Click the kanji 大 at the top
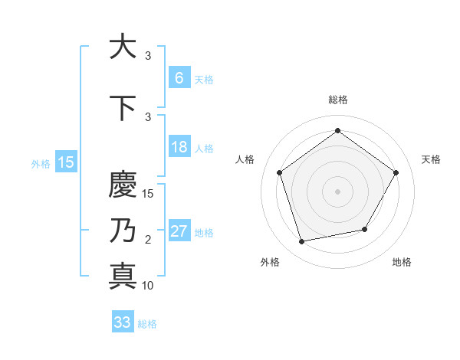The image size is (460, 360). tap(123, 47)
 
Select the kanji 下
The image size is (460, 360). tap(123, 107)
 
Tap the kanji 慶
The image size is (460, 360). tap(123, 185)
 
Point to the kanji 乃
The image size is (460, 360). tap(123, 231)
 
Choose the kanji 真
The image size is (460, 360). tap(123, 275)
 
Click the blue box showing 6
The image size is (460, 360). tap(179, 78)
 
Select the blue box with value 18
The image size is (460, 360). tap(179, 147)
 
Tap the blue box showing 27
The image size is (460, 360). tap(179, 231)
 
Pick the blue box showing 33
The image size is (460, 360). tap(123, 322)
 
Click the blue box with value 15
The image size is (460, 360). tap(65, 162)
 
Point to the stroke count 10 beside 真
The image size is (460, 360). tap(148, 286)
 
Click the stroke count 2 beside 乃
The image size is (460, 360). tap(148, 241)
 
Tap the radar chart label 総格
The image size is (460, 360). tap(338, 100)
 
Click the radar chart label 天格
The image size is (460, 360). tap(431, 159)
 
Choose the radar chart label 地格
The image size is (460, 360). tap(402, 263)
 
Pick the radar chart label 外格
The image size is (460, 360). tap(270, 263)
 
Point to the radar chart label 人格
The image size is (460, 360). tap(245, 159)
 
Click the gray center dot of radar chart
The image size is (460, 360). tap(337, 191)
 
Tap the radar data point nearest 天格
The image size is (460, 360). tap(396, 172)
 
